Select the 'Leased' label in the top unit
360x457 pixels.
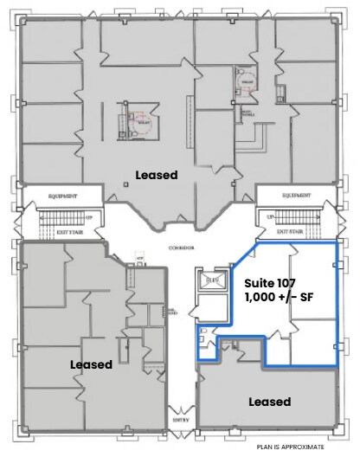(157, 175)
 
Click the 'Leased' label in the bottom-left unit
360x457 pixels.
(91, 364)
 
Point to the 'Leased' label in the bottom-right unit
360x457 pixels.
(269, 402)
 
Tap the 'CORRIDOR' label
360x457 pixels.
(181, 247)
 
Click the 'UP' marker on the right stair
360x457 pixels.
(271, 216)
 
